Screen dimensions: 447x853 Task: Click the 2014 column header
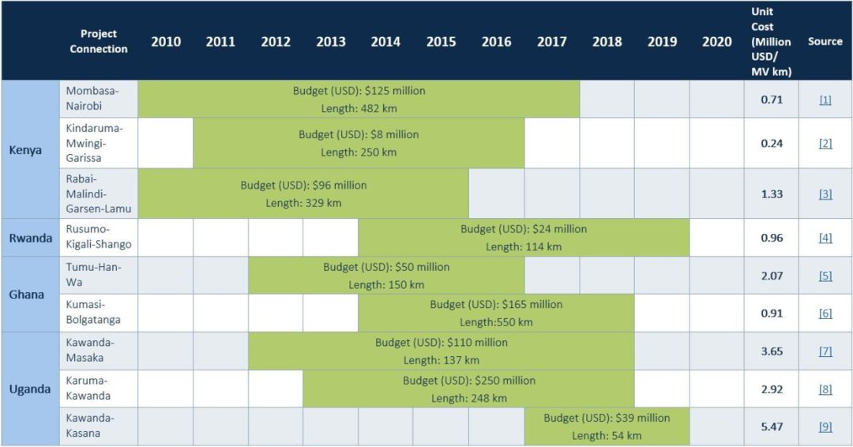click(x=385, y=42)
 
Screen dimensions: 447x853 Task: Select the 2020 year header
click(x=716, y=42)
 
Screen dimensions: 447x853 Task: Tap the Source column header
click(x=825, y=42)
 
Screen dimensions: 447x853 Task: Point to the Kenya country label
click(x=26, y=149)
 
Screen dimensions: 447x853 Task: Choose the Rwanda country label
click(x=30, y=238)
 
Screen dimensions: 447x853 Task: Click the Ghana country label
click(x=27, y=295)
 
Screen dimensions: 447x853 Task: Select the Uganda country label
click(x=30, y=389)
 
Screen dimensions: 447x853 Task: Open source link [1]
click(x=825, y=100)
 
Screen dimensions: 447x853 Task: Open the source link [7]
click(x=825, y=351)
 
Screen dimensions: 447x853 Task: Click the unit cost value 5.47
click(x=771, y=426)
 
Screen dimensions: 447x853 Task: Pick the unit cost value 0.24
click(x=771, y=144)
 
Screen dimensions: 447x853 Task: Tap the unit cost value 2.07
click(x=771, y=276)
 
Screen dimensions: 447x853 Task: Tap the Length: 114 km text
click(x=524, y=246)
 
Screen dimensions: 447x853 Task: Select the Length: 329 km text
click(x=303, y=203)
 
